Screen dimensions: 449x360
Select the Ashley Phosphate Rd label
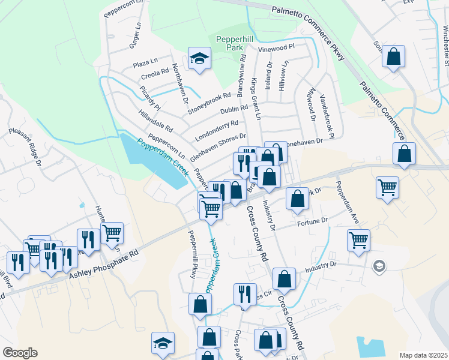pyautogui.click(x=104, y=264)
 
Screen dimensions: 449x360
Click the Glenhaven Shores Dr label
pyautogui.click(x=218, y=147)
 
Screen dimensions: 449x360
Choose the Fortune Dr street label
pyautogui.click(x=312, y=221)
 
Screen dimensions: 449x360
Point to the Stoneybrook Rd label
pyautogui.click(x=209, y=103)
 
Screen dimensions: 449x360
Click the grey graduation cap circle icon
pyautogui.click(x=378, y=265)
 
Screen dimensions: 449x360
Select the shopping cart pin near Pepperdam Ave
pyautogui.click(x=358, y=239)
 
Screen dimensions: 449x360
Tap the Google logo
pyautogui.click(x=20, y=353)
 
